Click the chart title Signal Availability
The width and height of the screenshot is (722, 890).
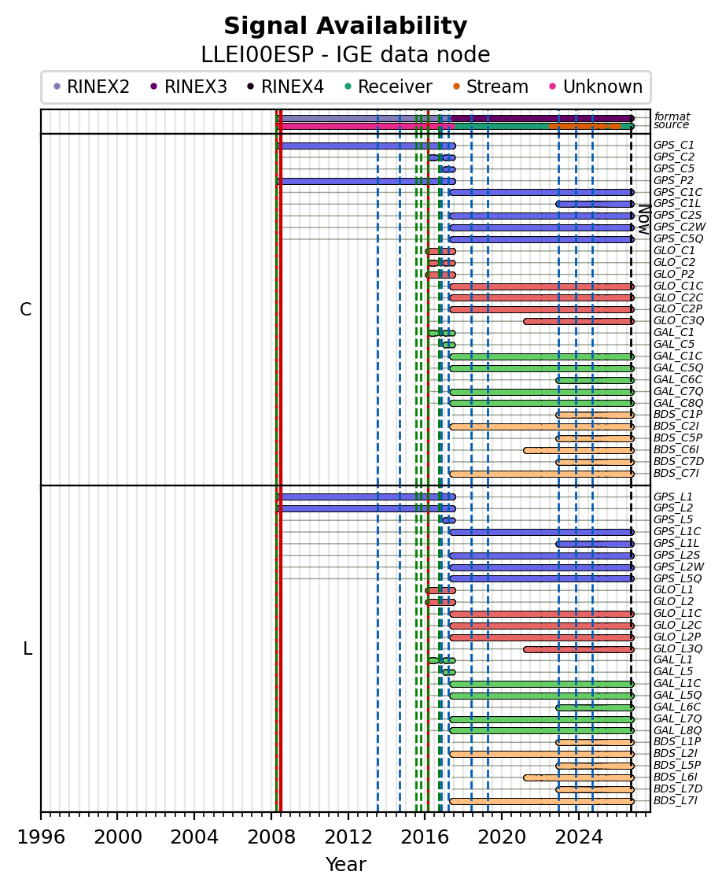pos(345,26)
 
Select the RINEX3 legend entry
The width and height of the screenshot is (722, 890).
pos(189,87)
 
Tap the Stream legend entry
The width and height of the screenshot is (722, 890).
pos(491,87)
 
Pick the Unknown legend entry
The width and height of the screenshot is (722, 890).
pos(595,87)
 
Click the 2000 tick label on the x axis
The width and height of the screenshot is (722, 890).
pos(118,837)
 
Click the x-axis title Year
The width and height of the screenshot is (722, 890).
pos(345,865)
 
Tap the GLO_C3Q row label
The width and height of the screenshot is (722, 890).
pos(678,321)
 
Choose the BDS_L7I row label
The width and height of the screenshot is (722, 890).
pos(675,801)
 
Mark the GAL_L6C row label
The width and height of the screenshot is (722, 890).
pos(676,707)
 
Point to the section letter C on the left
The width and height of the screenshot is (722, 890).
pos(25,309)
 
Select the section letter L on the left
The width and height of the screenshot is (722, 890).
pos(28,648)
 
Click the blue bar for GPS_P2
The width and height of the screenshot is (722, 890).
pos(366,181)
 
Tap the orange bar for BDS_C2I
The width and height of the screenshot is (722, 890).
pos(542,427)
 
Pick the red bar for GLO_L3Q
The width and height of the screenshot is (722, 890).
pos(579,649)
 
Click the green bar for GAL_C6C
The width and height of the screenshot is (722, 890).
pos(595,380)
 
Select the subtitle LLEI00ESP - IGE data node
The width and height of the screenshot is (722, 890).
pos(345,55)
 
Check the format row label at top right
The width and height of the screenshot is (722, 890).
pos(672,117)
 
